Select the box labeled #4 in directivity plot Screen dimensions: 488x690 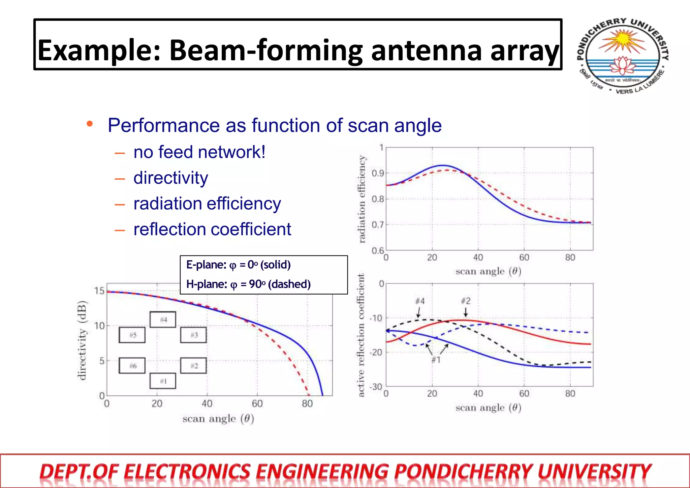[x=163, y=319]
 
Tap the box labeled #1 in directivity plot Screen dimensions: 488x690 [x=163, y=381]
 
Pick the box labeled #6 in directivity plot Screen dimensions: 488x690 [x=132, y=366]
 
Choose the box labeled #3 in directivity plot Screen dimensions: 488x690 [x=194, y=335]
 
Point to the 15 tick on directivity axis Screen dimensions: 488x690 [x=99, y=291]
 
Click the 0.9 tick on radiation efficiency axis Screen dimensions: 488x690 [x=378, y=174]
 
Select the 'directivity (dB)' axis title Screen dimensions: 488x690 [x=82, y=340]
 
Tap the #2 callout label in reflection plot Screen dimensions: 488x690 [x=466, y=301]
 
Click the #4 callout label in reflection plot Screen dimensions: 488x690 [x=420, y=301]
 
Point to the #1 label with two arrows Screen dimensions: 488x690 [x=436, y=360]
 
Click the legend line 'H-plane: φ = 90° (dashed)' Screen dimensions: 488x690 [x=248, y=284]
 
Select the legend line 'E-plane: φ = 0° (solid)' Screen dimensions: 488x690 [x=238, y=265]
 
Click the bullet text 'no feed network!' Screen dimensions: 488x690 [x=199, y=152]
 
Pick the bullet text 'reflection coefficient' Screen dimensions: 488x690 [x=212, y=230]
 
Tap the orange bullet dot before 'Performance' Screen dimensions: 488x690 [x=90, y=124]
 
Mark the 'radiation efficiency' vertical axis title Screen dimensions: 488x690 [x=362, y=199]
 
